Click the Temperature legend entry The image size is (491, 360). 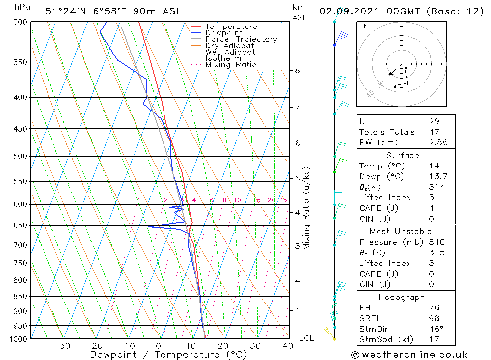click(231, 27)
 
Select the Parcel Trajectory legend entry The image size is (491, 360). click(241, 39)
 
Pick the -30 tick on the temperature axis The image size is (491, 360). click(61, 346)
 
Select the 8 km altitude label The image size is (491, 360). click(297, 70)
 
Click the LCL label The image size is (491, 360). click(306, 338)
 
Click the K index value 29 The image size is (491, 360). click(434, 121)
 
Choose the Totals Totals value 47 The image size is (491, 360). click(434, 132)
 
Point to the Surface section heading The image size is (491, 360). click(403, 155)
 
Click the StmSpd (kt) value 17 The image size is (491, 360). click(434, 339)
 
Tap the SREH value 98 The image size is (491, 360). click(434, 318)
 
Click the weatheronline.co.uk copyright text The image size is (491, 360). click(409, 354)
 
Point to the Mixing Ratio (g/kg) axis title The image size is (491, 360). click(307, 208)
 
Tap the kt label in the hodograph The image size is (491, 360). click(363, 26)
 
